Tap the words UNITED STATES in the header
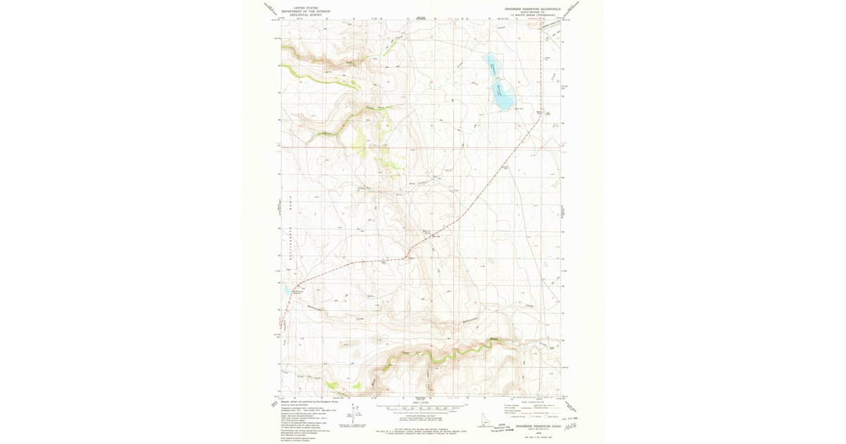pos(296,6)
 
